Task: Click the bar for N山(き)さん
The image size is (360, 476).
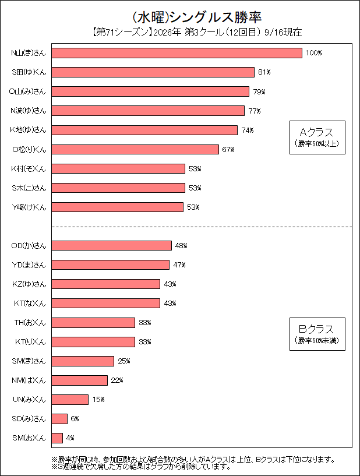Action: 177,53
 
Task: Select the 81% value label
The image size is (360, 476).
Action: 264,72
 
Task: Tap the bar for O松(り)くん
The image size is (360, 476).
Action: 135,149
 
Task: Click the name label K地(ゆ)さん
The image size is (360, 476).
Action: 28,130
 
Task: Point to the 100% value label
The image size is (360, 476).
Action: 313,53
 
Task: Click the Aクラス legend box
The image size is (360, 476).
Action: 317,137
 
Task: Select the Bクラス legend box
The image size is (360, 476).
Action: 317,334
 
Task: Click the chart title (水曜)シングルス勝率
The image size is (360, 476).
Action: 197,17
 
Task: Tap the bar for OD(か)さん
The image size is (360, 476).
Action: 111,246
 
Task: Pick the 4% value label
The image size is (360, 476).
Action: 70,438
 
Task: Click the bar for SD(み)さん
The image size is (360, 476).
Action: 59,419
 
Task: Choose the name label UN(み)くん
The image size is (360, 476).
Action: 29,400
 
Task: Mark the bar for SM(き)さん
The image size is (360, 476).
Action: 83,361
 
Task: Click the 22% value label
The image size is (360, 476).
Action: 117,380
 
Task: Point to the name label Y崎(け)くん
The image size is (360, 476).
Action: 29,207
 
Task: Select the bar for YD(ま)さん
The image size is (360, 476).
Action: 111,265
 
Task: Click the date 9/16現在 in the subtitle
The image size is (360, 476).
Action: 283,32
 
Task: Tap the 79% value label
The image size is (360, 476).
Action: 259,91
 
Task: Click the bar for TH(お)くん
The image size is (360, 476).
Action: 93,323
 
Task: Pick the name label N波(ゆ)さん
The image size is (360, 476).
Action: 28,111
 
